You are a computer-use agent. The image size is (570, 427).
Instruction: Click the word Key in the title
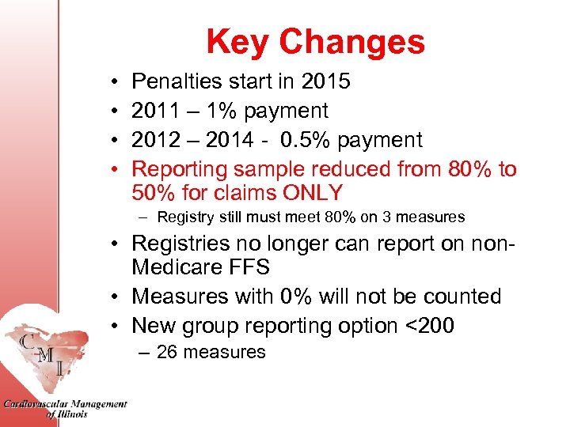coord(237,42)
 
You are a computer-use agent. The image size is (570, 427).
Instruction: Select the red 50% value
coord(158,192)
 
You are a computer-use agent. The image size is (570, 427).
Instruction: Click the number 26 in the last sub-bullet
coord(167,353)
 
